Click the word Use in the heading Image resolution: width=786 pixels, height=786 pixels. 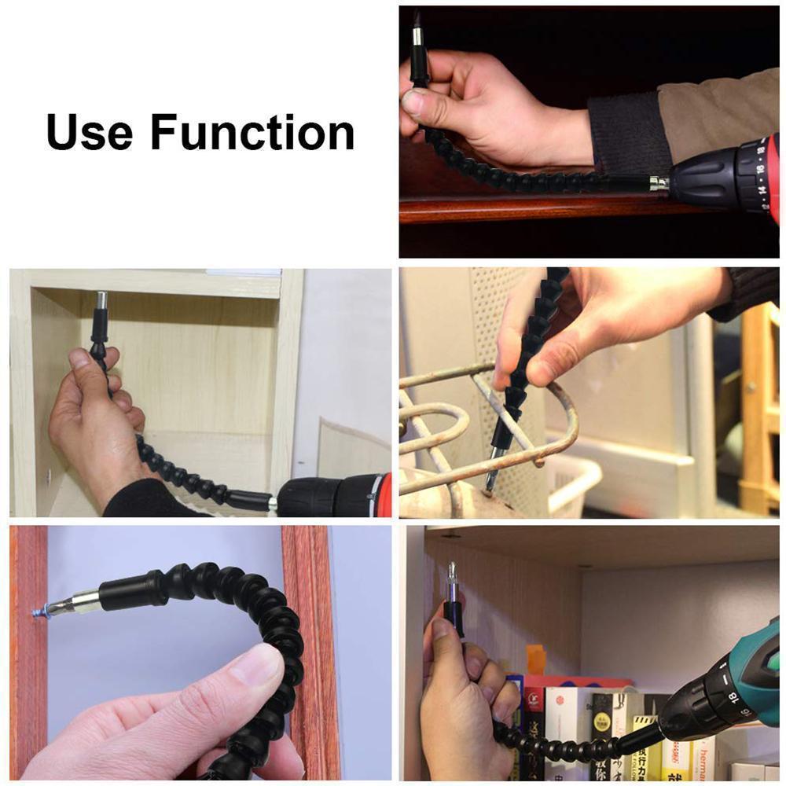tap(90, 132)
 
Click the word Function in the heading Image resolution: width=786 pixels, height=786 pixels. tap(252, 132)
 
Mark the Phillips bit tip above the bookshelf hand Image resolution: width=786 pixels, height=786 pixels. tap(451, 570)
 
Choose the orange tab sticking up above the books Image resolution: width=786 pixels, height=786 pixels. tap(535, 659)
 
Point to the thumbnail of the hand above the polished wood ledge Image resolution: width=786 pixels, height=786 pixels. tap(414, 103)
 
